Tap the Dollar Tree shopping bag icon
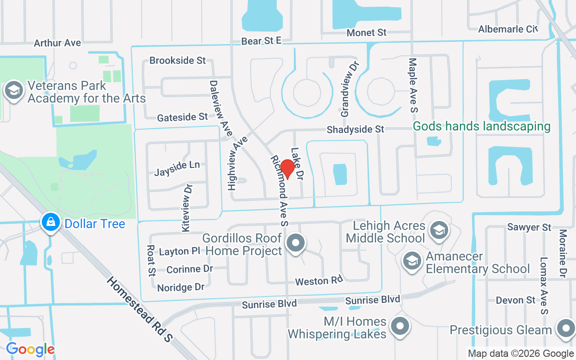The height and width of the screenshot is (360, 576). pos(51,222)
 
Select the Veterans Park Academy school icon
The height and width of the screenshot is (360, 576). pos(14,90)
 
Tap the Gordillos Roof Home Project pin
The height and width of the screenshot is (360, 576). pos(296,243)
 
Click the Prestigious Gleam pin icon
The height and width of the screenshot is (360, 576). pos(565,329)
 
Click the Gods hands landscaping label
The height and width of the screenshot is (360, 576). pos(481,126)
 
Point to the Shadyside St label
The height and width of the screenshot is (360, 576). pos(355,130)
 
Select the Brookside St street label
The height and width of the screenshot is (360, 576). pos(177,60)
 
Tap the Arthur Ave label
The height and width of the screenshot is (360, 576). pos(58,43)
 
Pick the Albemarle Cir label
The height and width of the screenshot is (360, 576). pos(508,29)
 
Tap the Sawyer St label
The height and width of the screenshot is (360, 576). pos(529,227)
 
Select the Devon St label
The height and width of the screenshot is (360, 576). pos(516,300)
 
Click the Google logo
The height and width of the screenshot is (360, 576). pos(31,349)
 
